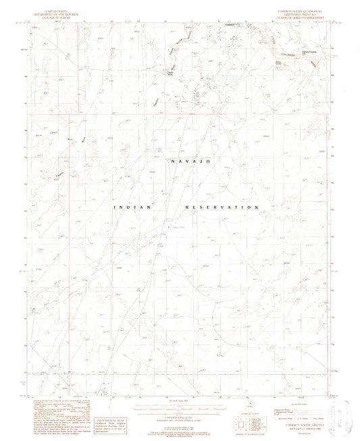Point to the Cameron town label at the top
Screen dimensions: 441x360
pyautogui.click(x=230, y=26)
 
